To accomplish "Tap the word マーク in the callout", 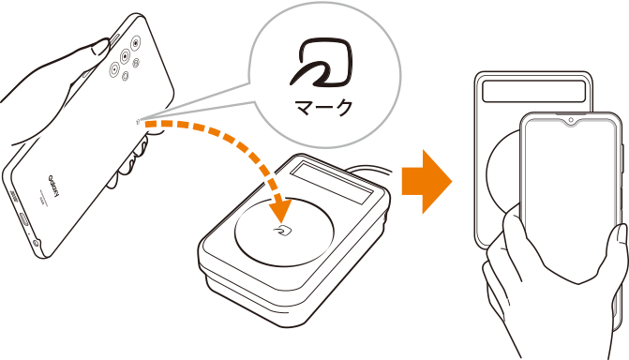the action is [323, 107].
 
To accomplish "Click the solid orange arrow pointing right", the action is [427, 182].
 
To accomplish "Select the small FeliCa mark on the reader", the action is [284, 231].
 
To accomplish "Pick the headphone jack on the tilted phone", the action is [37, 243].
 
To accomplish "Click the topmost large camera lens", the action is [136, 42].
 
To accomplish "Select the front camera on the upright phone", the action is [571, 120].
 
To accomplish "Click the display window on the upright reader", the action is [534, 91].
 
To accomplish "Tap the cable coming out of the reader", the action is [371, 171].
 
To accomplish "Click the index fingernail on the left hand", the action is [100, 47].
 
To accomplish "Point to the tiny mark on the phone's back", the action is [139, 121].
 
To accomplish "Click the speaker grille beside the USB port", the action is [14, 196].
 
